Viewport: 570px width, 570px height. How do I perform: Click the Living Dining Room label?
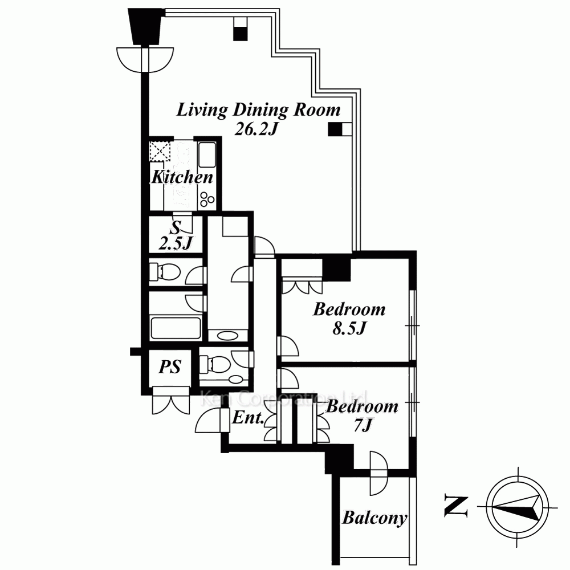(258, 110)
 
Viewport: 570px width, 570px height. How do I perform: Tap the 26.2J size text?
(256, 129)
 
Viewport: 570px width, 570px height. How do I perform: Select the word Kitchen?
(182, 177)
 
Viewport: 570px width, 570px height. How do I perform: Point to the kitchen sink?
(207, 155)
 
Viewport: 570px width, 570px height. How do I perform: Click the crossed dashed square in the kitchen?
(160, 151)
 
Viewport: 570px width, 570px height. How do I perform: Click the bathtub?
(176, 329)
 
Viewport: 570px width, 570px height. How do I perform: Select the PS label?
(170, 367)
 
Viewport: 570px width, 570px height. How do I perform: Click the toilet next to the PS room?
(215, 364)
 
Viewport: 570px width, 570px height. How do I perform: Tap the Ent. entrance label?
(248, 418)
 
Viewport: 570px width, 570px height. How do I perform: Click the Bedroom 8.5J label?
(349, 319)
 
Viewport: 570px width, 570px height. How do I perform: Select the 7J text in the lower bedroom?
(362, 425)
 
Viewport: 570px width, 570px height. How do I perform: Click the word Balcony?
(374, 518)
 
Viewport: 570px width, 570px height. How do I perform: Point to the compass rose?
(518, 507)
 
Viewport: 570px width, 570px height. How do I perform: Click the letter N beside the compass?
(456, 506)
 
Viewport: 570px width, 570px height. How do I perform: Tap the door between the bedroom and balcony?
(378, 473)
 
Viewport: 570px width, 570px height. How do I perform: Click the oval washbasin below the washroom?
(227, 336)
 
